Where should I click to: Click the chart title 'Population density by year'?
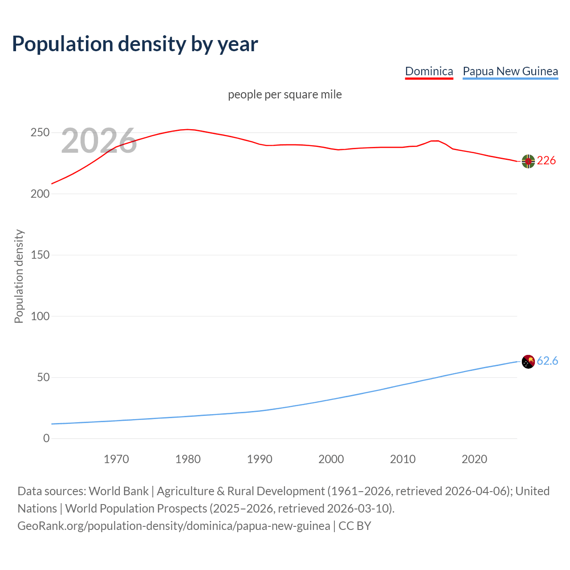pyautogui.click(x=135, y=44)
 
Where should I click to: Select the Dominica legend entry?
pyautogui.click(x=429, y=71)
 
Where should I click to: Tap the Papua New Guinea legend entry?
pyautogui.click(x=510, y=71)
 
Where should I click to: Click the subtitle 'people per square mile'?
pyautogui.click(x=285, y=94)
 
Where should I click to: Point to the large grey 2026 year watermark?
pyautogui.click(x=99, y=141)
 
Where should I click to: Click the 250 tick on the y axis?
pyautogui.click(x=40, y=133)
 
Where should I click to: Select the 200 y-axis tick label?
pyautogui.click(x=40, y=194)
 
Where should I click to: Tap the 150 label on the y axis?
pyautogui.click(x=40, y=255)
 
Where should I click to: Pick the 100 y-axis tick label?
pyautogui.click(x=40, y=316)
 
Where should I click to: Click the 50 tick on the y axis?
pyautogui.click(x=43, y=377)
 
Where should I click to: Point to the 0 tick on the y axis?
pyautogui.click(x=46, y=439)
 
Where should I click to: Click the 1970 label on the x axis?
pyautogui.click(x=116, y=459)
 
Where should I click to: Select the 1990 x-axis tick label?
pyautogui.click(x=260, y=459)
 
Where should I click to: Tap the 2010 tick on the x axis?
pyautogui.click(x=403, y=459)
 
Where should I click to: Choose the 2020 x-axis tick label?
pyautogui.click(x=474, y=459)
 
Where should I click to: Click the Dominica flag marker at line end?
pyautogui.click(x=528, y=161)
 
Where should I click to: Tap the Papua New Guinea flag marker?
pyautogui.click(x=528, y=362)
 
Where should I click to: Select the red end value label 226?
pyautogui.click(x=546, y=160)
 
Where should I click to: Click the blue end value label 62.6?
pyautogui.click(x=547, y=361)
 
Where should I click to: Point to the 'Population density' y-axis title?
pyautogui.click(x=19, y=276)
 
